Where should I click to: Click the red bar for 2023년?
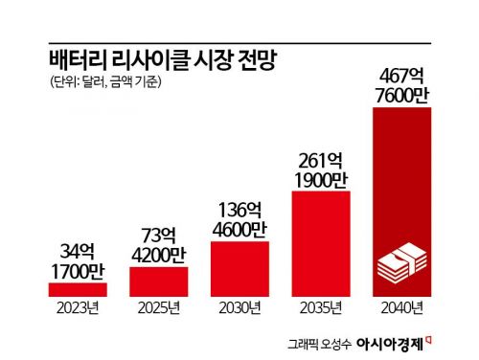[79, 289]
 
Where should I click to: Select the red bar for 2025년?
[158, 281]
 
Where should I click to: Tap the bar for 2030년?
[239, 268]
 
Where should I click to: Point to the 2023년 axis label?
[78, 307]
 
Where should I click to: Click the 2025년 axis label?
[158, 307]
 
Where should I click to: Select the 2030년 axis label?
[239, 307]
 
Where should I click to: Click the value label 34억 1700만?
[79, 260]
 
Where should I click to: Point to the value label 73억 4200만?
[158, 245]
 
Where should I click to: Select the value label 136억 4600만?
[239, 218]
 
